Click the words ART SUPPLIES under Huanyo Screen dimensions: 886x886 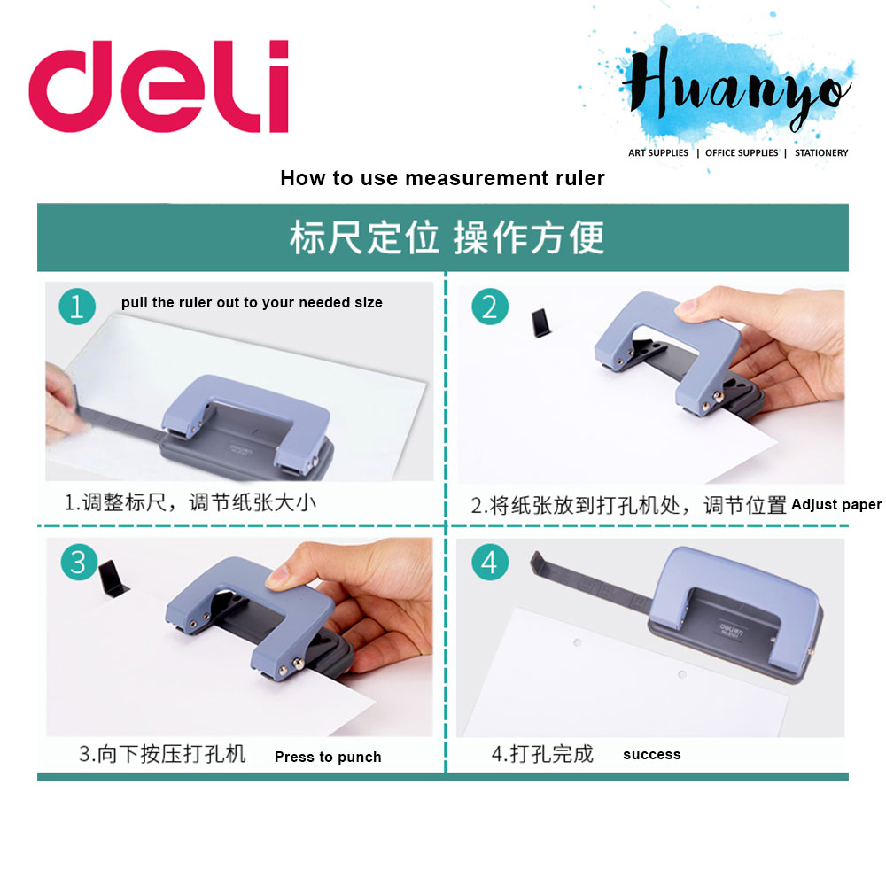coord(658,153)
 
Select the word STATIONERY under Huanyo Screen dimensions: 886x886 coord(821,153)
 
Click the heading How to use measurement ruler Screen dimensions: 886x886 coord(442,178)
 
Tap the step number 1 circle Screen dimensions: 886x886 coord(77,307)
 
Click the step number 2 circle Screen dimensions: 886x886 coord(490,307)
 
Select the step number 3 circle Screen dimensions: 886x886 coord(78,562)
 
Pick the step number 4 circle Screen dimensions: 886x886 coord(491,562)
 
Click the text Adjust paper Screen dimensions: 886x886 coord(836,504)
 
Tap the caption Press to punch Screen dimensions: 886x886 coord(328,757)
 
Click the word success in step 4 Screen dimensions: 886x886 coord(652,755)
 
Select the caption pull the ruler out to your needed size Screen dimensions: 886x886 coord(252,303)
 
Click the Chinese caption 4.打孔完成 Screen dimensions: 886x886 coord(542,755)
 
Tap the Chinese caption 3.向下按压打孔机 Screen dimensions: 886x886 coord(162,755)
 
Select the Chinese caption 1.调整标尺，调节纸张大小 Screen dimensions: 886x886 coord(190,503)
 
